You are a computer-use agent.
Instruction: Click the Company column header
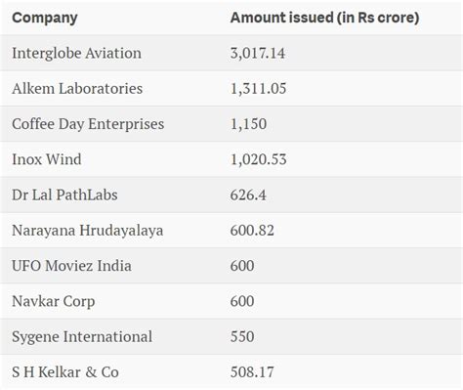45,18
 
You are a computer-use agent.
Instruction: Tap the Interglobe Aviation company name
76,53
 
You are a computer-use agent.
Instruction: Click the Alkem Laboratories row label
77,88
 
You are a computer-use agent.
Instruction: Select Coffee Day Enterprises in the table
88,124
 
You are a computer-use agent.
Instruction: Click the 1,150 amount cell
248,124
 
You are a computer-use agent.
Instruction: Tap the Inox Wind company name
46,159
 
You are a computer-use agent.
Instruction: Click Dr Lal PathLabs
64,195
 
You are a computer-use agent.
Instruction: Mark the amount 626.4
249,195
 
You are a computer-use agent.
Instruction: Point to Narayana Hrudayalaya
87,230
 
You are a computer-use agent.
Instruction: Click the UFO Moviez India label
71,266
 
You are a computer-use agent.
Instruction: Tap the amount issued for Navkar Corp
242,301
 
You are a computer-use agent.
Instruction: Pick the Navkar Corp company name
54,301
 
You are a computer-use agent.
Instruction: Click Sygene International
82,336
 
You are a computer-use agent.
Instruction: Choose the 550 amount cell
242,336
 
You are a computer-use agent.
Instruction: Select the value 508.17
252,371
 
